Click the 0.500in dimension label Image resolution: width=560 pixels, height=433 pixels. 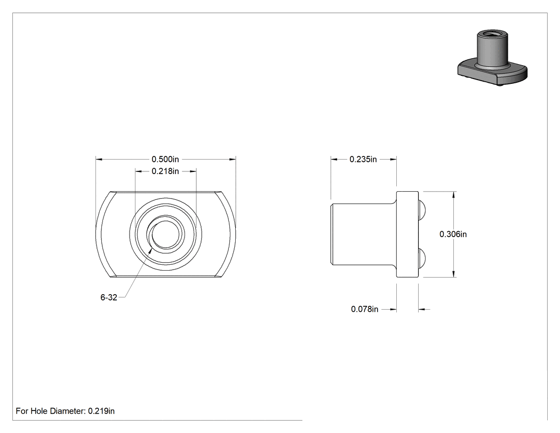coord(165,159)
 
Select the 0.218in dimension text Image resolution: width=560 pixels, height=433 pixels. coord(165,171)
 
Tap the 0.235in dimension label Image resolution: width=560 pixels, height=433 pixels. coord(363,160)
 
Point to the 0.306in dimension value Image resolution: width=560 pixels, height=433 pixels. coord(453,234)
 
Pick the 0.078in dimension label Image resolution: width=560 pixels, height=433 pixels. coord(364,309)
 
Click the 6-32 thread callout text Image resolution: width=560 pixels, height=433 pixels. coord(109,297)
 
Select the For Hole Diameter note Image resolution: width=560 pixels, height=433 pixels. coord(65,411)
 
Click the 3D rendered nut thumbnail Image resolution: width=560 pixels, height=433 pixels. coord(492,58)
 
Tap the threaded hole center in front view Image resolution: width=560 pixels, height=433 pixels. coord(165,234)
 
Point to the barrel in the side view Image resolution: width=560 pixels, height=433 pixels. coord(364,234)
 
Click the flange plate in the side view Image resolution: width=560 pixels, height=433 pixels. coord(407,234)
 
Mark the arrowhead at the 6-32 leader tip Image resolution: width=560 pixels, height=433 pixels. coord(151,249)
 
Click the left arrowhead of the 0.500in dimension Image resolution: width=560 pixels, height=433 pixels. coord(99,159)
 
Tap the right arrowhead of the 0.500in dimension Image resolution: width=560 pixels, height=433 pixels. coord(233,159)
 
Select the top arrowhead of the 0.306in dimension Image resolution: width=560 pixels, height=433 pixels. coord(453,195)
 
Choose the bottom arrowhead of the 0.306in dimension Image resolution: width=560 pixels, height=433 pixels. coord(453,274)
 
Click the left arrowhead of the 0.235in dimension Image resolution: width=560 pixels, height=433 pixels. coord(334,160)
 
